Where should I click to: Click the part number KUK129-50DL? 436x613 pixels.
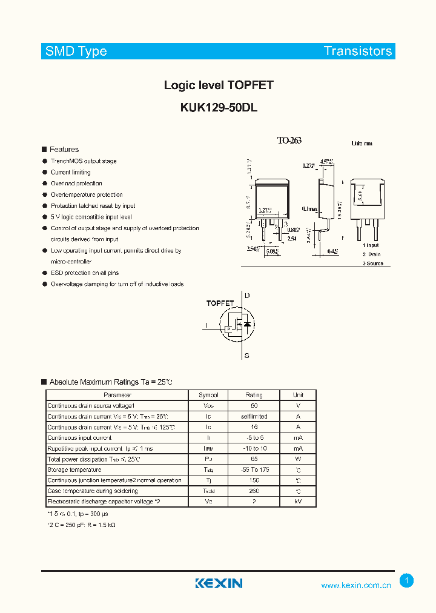pos(219,107)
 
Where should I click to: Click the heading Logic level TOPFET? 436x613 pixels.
pos(219,85)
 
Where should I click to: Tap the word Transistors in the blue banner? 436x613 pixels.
pos(358,51)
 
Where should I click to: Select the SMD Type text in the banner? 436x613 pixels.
pos(76,51)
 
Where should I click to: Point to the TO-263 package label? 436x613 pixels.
pos(289,141)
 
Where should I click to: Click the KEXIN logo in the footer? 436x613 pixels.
pos(219,583)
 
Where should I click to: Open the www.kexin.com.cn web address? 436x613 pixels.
pos(356,586)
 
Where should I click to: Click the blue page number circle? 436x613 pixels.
pos(407,581)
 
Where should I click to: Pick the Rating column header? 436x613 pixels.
pos(254,395)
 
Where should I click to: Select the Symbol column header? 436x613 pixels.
pos(208,395)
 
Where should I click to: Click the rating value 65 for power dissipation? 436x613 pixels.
pos(254,459)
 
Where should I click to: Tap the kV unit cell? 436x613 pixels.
pos(298,502)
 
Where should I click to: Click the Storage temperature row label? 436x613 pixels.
pos(74,469)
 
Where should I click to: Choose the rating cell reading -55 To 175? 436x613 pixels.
pos(254,469)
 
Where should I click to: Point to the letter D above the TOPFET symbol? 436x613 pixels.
pos(246,296)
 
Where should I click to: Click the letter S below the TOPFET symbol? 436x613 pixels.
pos(246,356)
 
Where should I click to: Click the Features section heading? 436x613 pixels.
pos(64,150)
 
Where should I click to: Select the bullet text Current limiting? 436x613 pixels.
pos(71,173)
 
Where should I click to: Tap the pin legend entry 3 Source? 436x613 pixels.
pos(373,263)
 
